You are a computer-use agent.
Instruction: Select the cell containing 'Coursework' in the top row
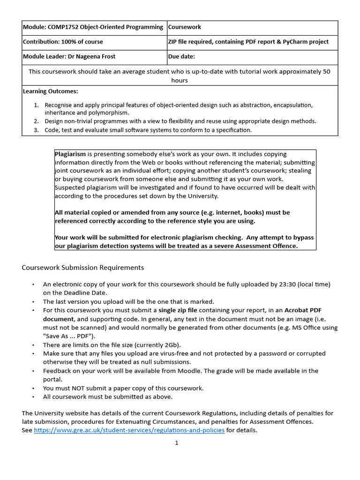[x=185, y=27]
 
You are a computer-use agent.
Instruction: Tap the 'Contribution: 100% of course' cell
[x=63, y=42]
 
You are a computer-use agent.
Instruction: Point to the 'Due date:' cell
[x=181, y=57]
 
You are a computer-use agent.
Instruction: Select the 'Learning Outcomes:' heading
[x=51, y=91]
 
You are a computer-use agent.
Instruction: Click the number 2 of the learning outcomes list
[x=36, y=121]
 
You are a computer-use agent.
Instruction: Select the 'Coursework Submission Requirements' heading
[x=83, y=268]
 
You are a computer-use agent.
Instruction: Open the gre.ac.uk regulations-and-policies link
[x=129, y=430]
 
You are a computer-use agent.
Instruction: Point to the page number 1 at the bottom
[x=177, y=443]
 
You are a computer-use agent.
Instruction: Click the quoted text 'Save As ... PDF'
[x=67, y=336]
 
